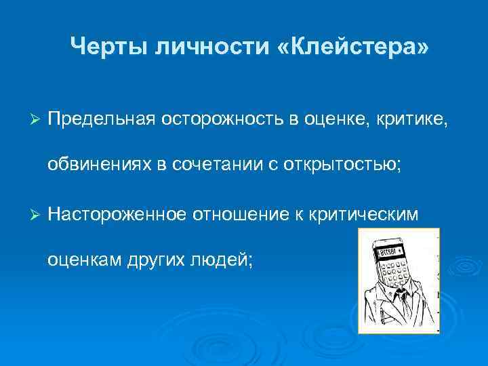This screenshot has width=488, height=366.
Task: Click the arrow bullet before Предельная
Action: click(37, 119)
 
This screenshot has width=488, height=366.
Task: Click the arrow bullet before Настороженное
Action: click(37, 213)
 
